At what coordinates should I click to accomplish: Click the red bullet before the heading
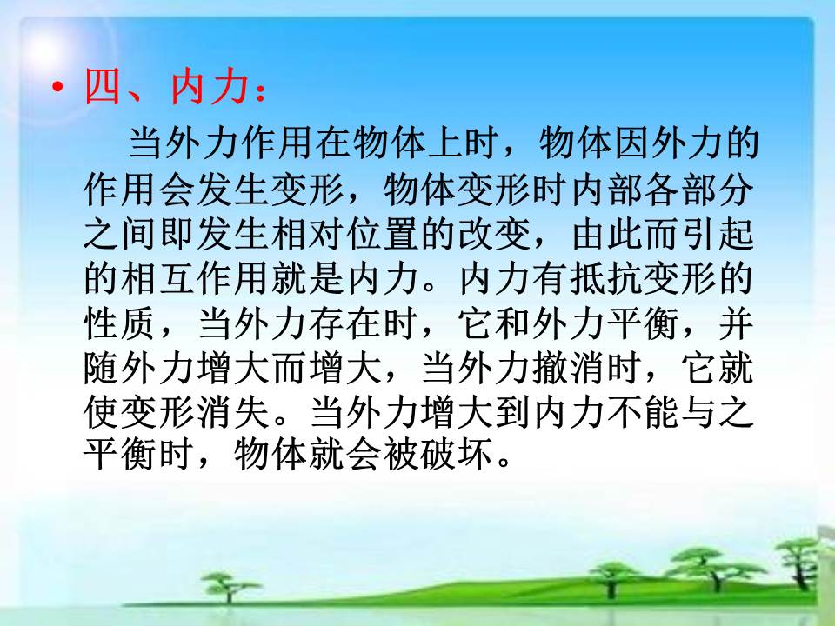[x=57, y=87]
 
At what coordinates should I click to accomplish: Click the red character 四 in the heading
[x=103, y=86]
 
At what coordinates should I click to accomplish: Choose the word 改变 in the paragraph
[x=495, y=233]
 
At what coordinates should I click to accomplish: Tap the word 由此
[x=607, y=233]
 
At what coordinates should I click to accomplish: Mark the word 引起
[x=718, y=233]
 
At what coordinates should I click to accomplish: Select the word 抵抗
[x=605, y=278]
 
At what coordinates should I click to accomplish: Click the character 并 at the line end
[x=736, y=323]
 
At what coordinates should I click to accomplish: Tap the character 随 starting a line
[x=102, y=369]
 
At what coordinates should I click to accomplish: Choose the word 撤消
[x=568, y=369]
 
